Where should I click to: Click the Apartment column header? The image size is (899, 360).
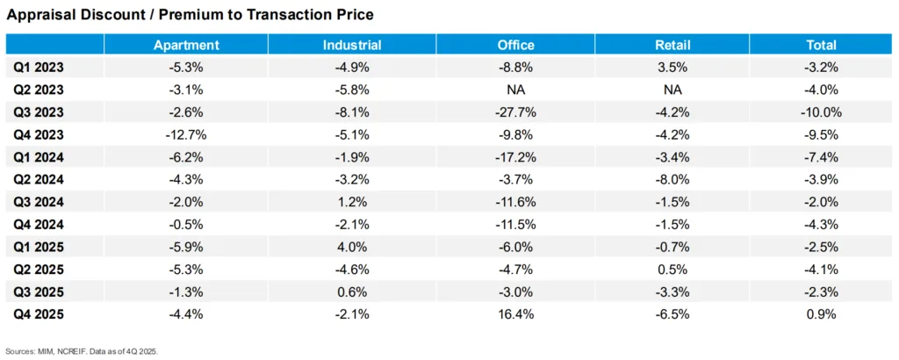point(186,45)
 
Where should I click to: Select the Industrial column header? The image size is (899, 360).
point(351,45)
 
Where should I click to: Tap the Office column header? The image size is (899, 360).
point(514,45)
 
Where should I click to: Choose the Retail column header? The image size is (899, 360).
point(673,45)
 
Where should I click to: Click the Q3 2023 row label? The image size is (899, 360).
point(39,112)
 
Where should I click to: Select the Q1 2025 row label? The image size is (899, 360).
point(39,247)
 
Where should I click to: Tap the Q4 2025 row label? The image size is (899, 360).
point(39,314)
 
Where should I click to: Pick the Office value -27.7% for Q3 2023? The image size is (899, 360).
point(514,112)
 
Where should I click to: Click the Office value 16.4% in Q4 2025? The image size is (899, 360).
point(514,314)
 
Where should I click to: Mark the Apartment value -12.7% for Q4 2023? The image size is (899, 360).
point(186,134)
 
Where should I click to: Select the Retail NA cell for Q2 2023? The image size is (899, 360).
point(673,90)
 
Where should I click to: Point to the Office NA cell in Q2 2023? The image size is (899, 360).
point(514,90)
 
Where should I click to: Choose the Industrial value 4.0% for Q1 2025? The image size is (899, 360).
point(351,247)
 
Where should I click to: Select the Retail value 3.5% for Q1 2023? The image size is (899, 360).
point(673,68)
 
